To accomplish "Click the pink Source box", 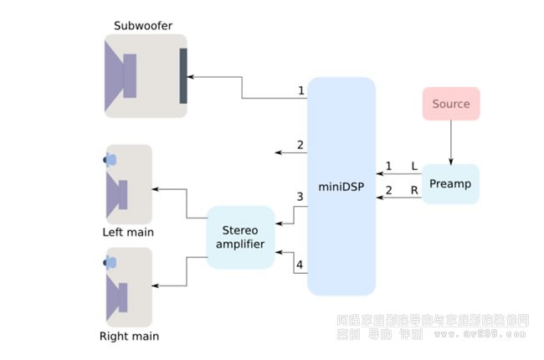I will (451, 105).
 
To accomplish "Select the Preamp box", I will (450, 183).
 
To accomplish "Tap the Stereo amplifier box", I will (240, 237).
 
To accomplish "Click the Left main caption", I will (128, 232).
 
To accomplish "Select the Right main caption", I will (129, 337).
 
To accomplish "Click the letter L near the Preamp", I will (413, 167).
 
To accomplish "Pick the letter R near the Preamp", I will (413, 192).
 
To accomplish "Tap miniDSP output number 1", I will (300, 90).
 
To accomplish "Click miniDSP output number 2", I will (300, 145).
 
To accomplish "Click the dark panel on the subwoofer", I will (183, 76).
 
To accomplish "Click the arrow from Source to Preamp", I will (451, 142).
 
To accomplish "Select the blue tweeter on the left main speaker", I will (111, 159).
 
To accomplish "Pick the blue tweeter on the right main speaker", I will (111, 263).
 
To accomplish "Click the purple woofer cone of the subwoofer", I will (121, 76).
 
